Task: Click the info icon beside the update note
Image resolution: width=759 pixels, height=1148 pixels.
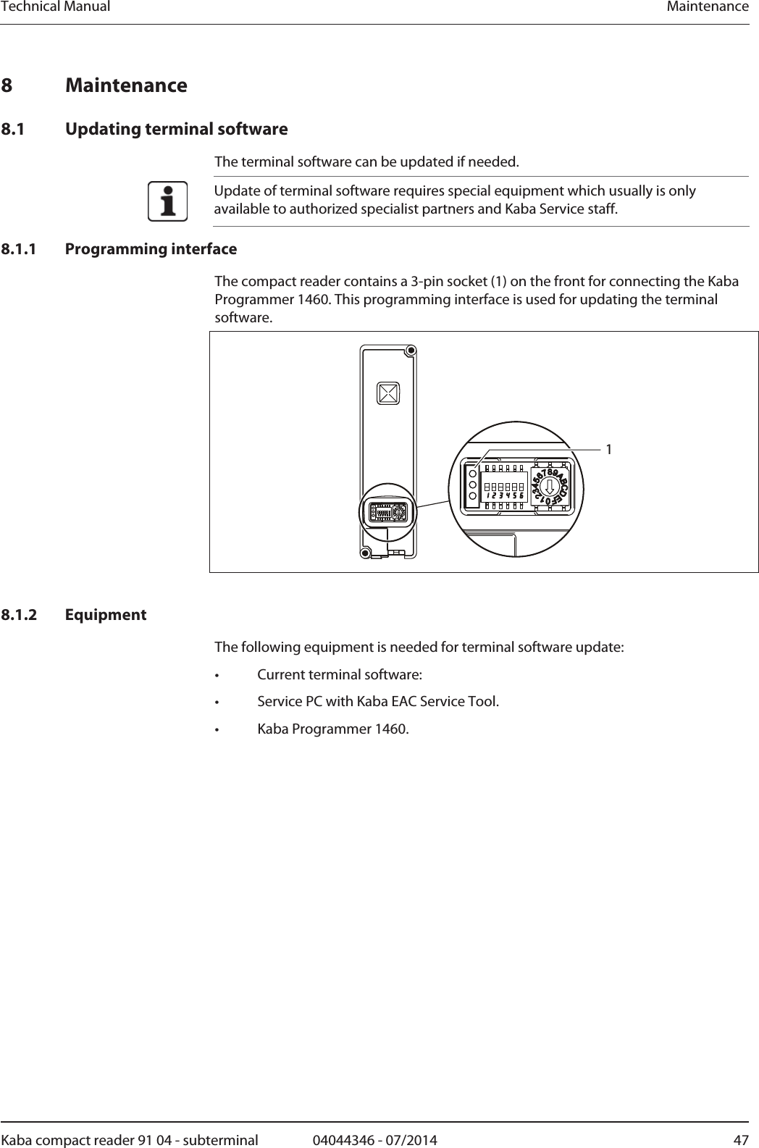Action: click(167, 201)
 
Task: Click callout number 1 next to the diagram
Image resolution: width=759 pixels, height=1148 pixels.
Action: click(609, 450)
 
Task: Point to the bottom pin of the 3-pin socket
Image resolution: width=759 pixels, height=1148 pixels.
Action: click(472, 496)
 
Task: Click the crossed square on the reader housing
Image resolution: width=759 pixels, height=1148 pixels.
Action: click(388, 393)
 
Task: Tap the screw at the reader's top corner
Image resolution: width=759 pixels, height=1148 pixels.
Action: click(411, 351)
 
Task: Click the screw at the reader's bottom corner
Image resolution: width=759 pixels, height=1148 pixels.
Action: click(366, 553)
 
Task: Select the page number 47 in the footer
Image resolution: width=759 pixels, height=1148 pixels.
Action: click(741, 1140)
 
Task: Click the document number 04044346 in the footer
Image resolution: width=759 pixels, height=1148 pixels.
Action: click(344, 1140)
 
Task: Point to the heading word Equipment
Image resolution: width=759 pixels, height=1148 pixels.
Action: click(106, 615)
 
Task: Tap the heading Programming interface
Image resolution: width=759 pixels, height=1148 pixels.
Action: click(151, 249)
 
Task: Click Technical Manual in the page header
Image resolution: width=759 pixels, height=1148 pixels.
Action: click(55, 7)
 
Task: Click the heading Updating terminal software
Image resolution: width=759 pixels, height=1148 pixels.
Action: click(176, 130)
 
